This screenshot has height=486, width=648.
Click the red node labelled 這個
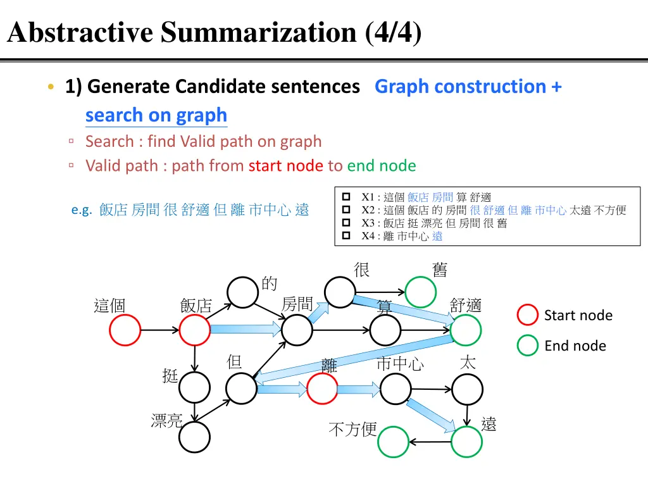coord(125,330)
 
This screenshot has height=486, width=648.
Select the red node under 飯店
coord(194,330)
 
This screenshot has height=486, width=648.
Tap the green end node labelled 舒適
coord(466,330)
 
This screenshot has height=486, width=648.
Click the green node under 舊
coord(421,292)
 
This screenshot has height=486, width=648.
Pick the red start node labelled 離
coord(323,389)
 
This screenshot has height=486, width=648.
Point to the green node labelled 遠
coord(466,442)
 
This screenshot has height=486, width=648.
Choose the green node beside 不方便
coord(393,442)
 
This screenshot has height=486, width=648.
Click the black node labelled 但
coord(241,389)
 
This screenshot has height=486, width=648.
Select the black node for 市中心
coord(396,389)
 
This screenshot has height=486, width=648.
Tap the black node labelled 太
coord(468,389)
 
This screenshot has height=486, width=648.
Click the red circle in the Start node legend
coord(528,315)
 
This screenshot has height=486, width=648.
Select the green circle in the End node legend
coord(528,346)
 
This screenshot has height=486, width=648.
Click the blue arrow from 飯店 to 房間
coord(244,329)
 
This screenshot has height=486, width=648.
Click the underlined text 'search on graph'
coord(156,115)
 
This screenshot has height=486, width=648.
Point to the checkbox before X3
coord(346,223)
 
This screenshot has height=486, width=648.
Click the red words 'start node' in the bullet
coord(285,166)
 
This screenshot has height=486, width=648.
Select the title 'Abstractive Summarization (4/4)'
coord(214,32)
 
